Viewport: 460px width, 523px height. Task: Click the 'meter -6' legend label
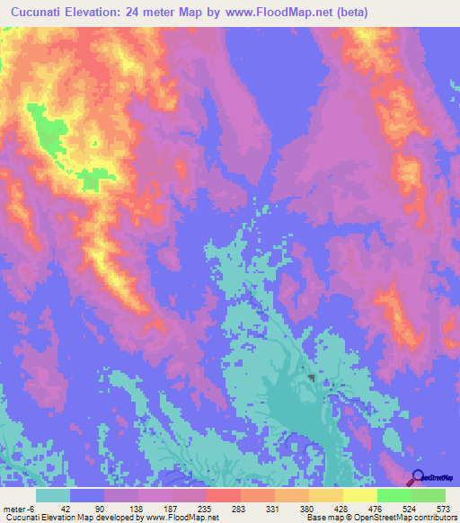click(x=17, y=508)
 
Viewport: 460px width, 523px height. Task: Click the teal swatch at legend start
click(x=53, y=495)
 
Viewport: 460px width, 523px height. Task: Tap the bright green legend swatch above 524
click(x=394, y=495)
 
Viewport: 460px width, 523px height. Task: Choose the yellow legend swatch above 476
click(x=359, y=495)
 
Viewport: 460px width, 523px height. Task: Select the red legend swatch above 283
click(x=223, y=495)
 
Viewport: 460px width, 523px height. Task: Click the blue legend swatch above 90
click(x=87, y=495)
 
